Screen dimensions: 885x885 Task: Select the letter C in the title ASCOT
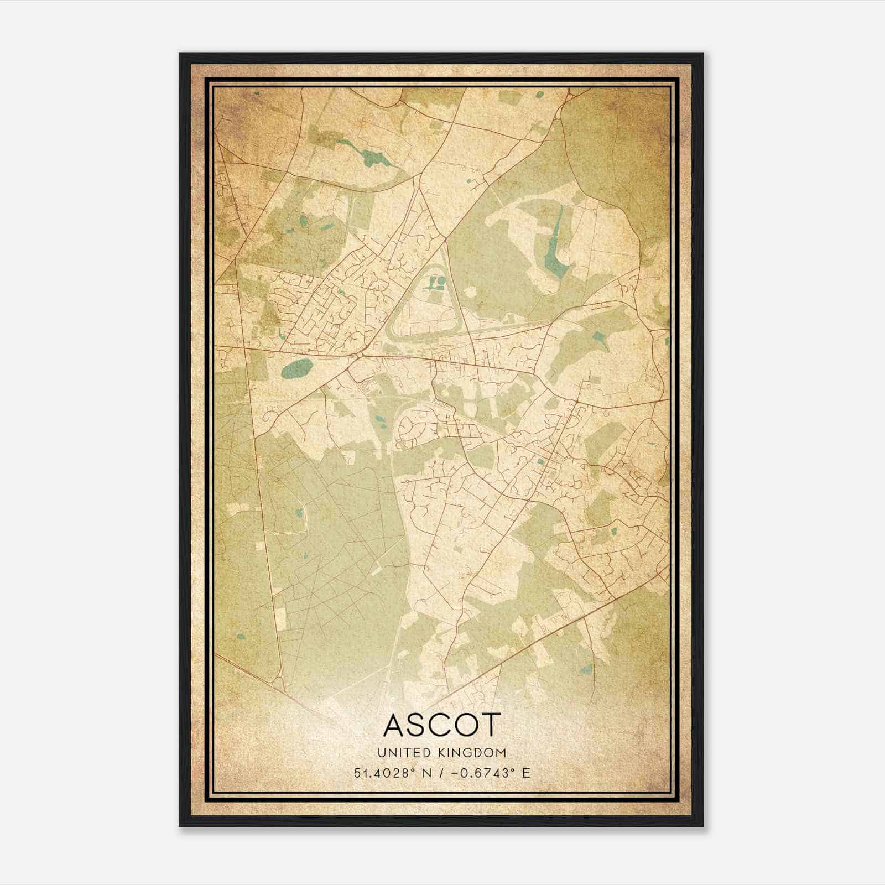[x=441, y=725]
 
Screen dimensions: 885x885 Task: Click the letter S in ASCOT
[x=419, y=725]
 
